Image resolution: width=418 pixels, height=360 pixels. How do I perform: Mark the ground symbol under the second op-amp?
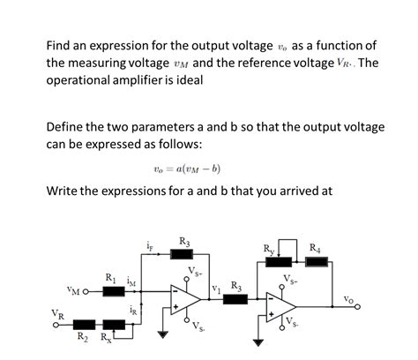pos(258,342)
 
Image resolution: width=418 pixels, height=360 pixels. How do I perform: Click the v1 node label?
pos(215,288)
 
